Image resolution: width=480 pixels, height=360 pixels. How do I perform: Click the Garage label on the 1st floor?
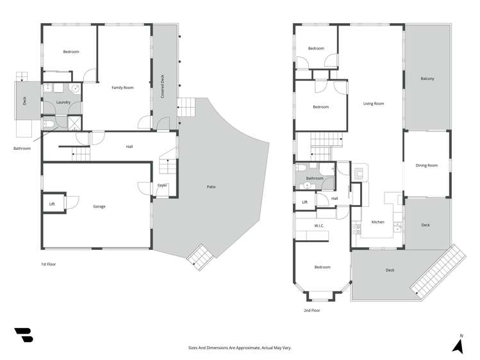(x=99, y=206)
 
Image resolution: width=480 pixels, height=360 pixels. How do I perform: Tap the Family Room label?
(x=122, y=87)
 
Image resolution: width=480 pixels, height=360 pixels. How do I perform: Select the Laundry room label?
(x=63, y=102)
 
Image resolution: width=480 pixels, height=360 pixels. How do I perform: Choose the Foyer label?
(x=162, y=186)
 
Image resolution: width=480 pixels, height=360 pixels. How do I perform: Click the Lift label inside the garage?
(x=52, y=204)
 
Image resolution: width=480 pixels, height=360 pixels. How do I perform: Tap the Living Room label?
(x=373, y=103)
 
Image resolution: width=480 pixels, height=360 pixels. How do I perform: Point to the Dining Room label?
(x=426, y=165)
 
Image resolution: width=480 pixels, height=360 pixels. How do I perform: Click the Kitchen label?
(x=377, y=222)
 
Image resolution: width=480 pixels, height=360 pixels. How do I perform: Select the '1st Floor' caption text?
(x=48, y=264)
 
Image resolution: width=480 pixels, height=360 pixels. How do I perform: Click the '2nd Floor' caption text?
(x=311, y=310)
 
